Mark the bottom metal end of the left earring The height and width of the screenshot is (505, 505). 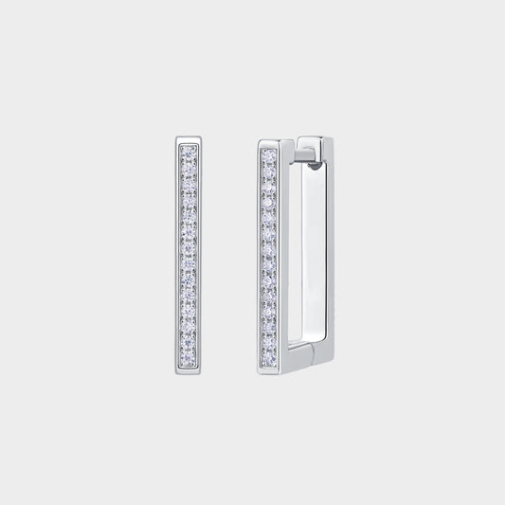[x=189, y=362]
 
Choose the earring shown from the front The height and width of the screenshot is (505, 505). [x=189, y=250]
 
